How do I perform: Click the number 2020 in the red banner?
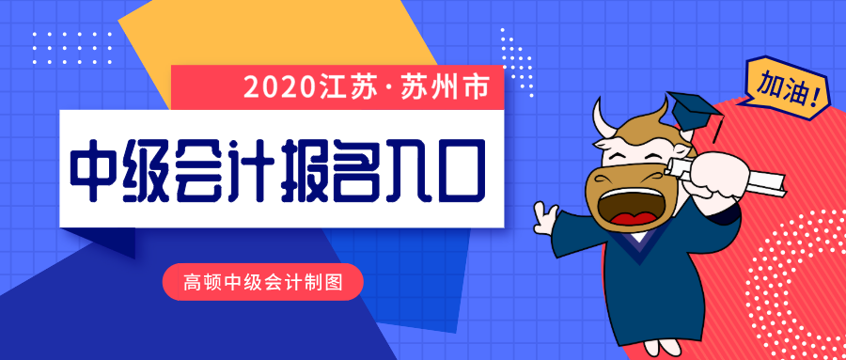click(x=277, y=89)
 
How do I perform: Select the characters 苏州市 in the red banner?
click(x=446, y=89)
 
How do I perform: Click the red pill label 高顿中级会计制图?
click(x=261, y=280)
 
